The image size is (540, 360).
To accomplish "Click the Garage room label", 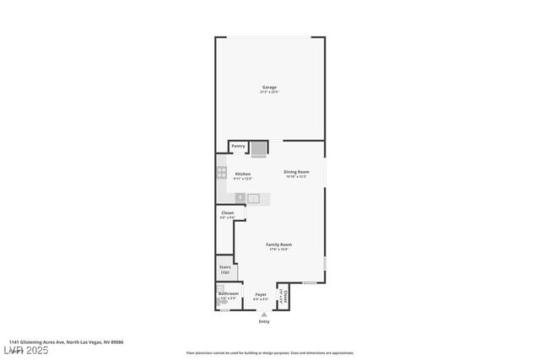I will [269, 87].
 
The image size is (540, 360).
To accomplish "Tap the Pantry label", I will [239, 146].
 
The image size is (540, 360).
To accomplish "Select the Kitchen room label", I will [243, 174].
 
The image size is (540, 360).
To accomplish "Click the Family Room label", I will [278, 244].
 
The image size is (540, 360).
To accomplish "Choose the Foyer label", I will [261, 294].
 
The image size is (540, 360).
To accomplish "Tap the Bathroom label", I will [229, 293].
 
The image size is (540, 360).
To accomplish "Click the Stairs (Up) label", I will [225, 270].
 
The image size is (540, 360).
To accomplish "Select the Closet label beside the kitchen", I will [227, 212].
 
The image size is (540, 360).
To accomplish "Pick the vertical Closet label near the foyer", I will [285, 297].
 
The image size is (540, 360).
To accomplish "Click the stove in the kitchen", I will [222, 173].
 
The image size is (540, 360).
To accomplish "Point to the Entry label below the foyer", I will [264, 321].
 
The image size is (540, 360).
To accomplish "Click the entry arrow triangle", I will [264, 314].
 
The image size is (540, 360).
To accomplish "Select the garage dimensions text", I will [269, 92].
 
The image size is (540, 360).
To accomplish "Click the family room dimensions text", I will [278, 250].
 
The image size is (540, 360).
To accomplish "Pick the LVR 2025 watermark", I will [25, 350].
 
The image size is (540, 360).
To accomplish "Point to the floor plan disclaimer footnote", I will [270, 353].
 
